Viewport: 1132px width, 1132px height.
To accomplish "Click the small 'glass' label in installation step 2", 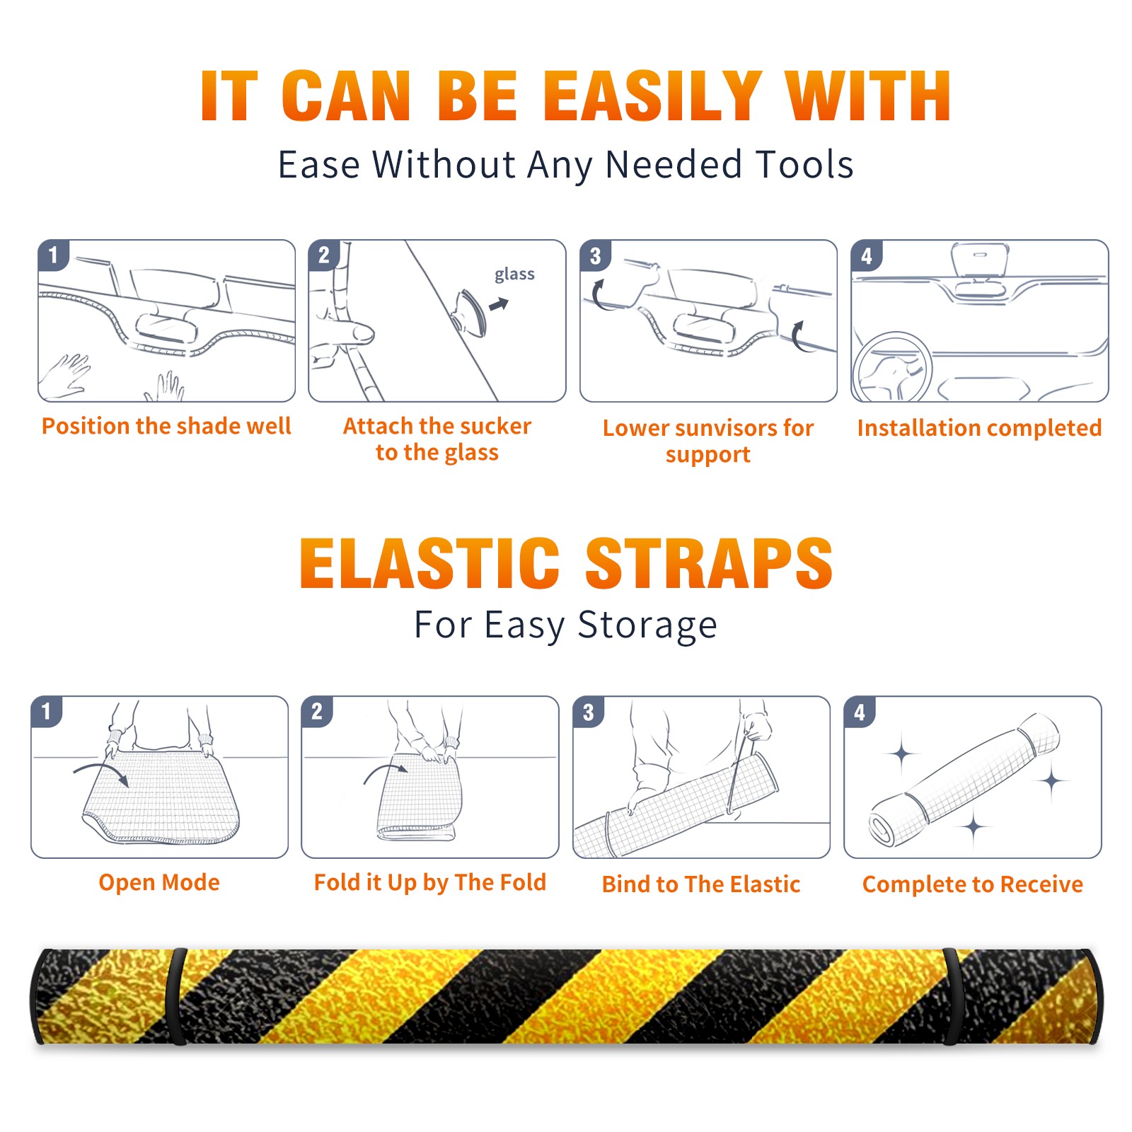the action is [514, 275].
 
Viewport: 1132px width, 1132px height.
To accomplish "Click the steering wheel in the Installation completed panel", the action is [891, 368].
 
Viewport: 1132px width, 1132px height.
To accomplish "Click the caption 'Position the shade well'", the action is [166, 426].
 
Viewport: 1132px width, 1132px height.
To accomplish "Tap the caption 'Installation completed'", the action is [979, 428].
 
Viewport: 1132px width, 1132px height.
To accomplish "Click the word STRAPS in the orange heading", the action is [709, 563].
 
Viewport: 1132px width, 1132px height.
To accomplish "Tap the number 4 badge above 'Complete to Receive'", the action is [860, 712].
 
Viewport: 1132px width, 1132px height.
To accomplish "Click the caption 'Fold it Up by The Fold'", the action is [430, 883].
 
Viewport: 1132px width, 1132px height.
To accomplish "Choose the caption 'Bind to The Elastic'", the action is [701, 884].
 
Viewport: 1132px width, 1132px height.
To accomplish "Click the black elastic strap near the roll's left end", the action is [175, 997].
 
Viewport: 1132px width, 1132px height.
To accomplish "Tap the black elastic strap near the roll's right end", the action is [952, 997].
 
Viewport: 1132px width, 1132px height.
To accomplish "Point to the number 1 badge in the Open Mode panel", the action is [47, 712].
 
